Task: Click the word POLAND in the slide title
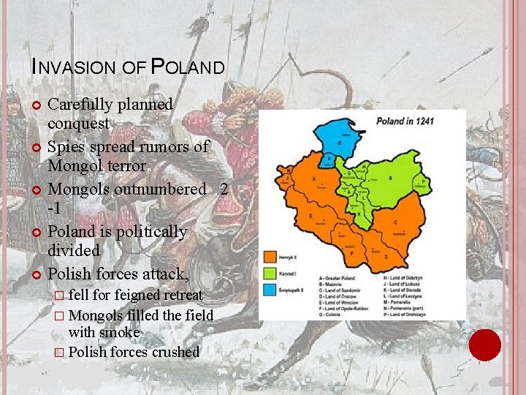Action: click(x=188, y=67)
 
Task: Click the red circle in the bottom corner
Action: click(x=484, y=345)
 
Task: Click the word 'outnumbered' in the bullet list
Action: click(x=164, y=189)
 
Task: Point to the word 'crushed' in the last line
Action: click(x=175, y=352)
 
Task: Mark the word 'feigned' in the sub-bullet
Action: click(x=142, y=295)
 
